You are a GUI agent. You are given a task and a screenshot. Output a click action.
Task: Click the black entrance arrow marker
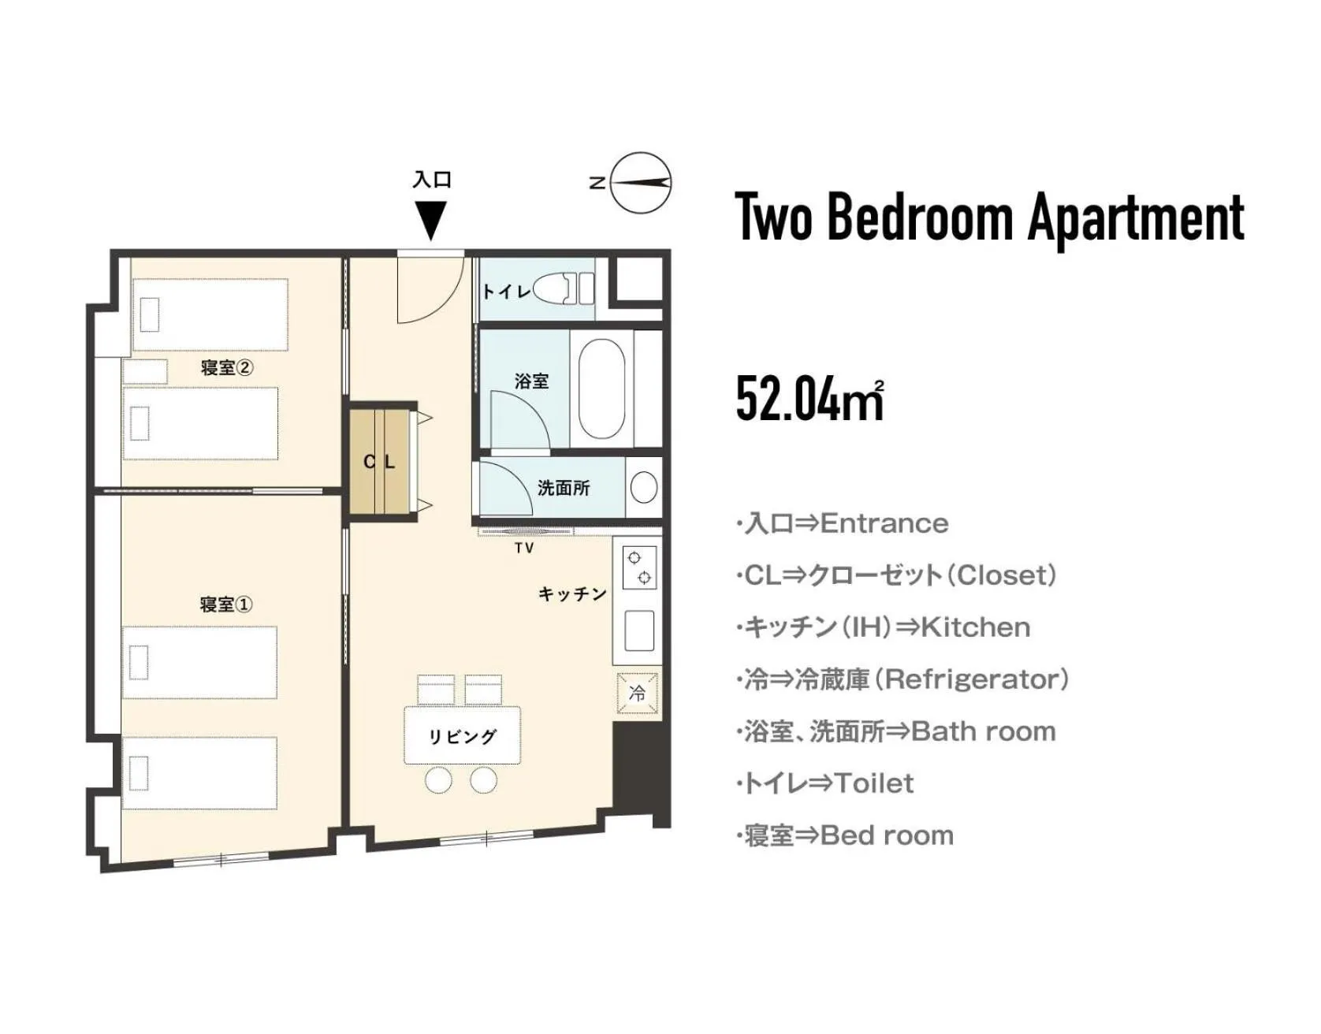[430, 220]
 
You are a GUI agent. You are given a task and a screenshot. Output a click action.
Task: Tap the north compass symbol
[640, 184]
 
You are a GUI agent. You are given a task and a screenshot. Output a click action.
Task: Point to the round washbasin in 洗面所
[644, 487]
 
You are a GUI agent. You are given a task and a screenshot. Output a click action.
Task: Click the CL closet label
[379, 462]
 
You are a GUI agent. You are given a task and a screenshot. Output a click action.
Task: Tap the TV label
[524, 548]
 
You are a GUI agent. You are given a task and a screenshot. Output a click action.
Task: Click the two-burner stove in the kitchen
[639, 567]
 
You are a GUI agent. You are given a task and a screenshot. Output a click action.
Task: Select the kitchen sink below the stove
[639, 630]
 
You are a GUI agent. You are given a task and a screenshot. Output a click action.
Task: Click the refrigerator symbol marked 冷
[638, 694]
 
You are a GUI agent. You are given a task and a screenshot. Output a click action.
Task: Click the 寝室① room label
[226, 604]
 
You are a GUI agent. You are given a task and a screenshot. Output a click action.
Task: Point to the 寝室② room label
[226, 367]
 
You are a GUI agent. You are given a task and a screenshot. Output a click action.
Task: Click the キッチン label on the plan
[573, 593]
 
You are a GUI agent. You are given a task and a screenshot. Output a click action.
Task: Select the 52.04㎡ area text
[809, 399]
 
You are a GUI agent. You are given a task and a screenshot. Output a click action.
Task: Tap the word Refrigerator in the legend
[976, 679]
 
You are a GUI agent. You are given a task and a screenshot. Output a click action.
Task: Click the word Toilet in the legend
[874, 783]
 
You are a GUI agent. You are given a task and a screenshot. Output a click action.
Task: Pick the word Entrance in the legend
[884, 523]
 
